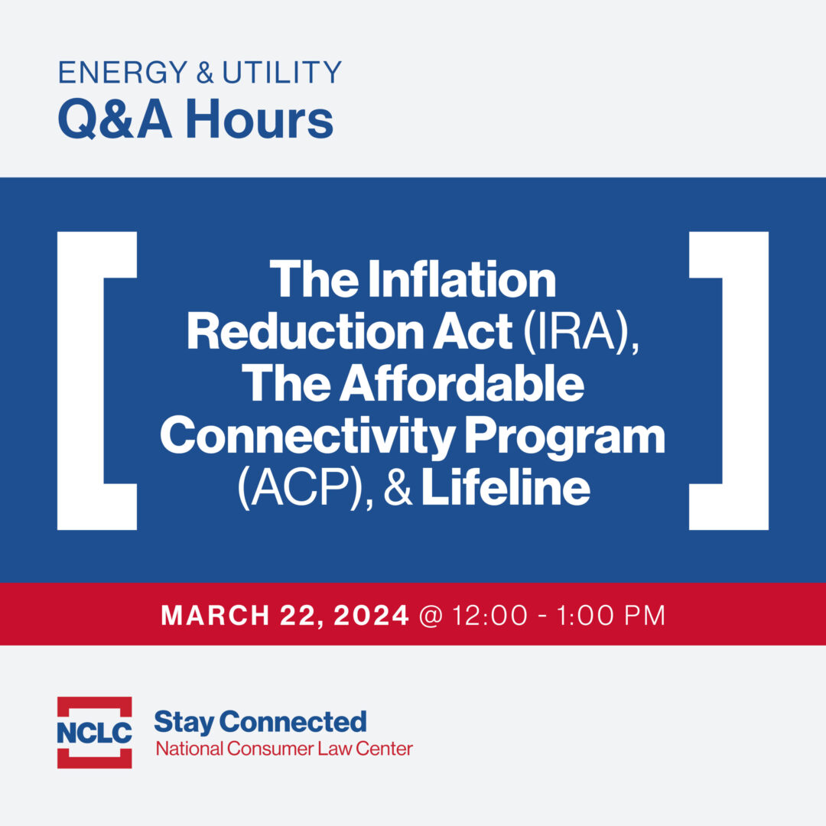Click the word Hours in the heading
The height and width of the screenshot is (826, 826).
(259, 119)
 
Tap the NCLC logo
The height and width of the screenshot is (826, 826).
(94, 732)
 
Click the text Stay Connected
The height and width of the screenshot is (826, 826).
(260, 721)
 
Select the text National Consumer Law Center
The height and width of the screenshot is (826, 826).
(284, 748)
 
